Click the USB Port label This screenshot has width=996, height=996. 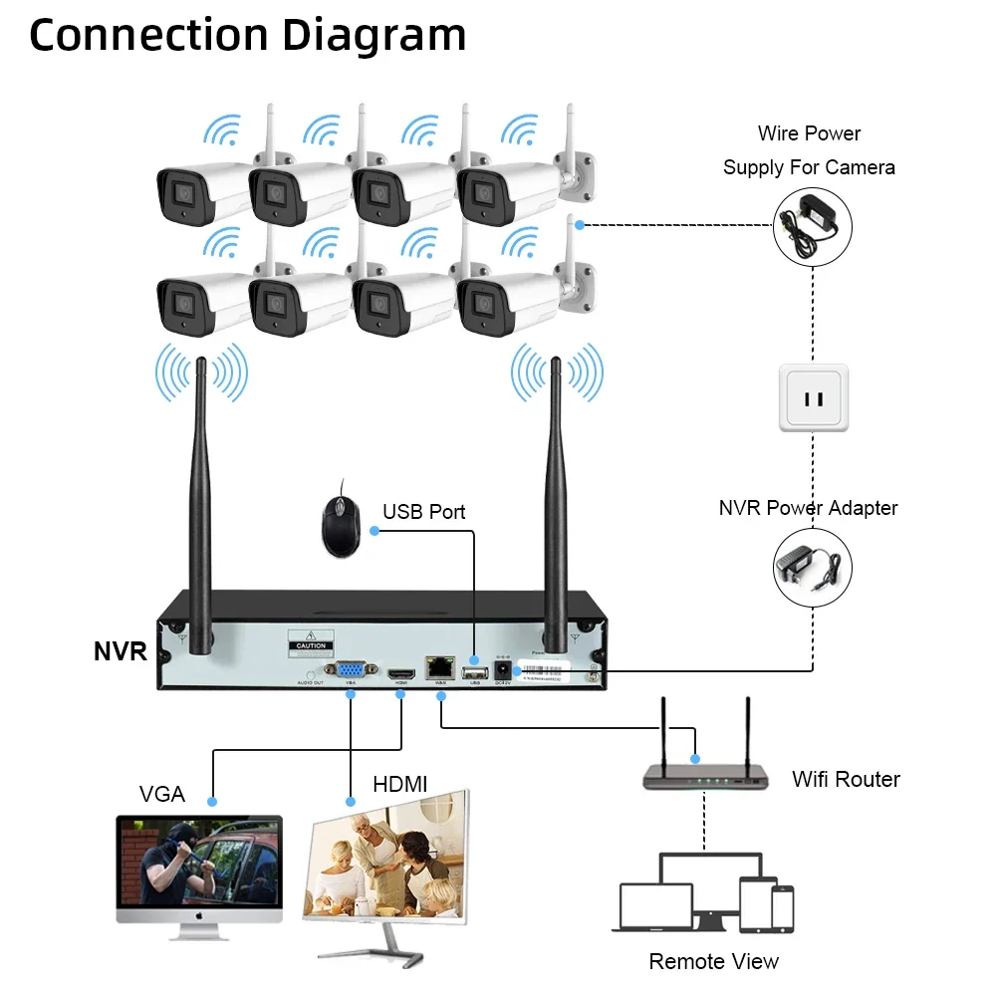[x=424, y=512]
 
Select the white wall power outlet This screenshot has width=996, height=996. [x=813, y=397]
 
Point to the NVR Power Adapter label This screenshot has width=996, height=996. [x=808, y=508]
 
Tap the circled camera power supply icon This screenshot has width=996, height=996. [x=813, y=227]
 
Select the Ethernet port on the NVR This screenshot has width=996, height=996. [x=438, y=669]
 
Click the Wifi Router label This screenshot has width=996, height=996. [x=846, y=779]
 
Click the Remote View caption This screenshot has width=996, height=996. [x=713, y=961]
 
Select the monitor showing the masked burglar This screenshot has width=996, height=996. [x=199, y=870]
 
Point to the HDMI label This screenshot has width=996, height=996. [x=399, y=785]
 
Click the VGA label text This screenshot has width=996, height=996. [x=161, y=794]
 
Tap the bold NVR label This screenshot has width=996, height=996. [x=121, y=652]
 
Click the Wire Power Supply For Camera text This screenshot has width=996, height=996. [x=808, y=150]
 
